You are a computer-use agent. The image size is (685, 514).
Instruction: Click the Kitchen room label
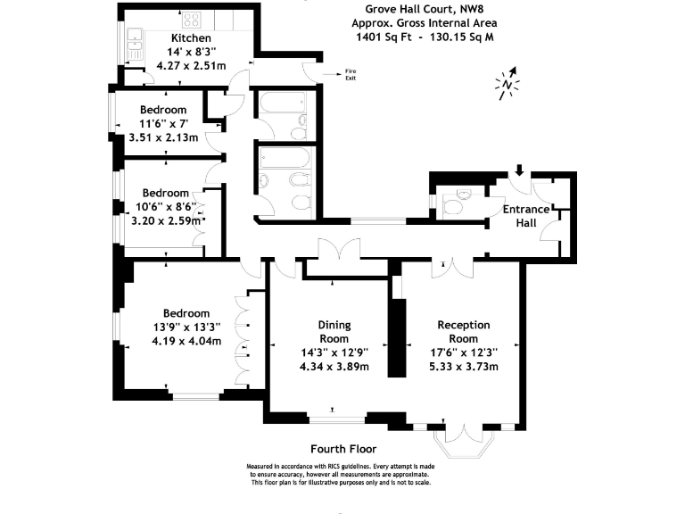(191, 38)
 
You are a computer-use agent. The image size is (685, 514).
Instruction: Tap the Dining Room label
(334, 331)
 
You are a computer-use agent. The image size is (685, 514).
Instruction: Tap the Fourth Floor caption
(342, 449)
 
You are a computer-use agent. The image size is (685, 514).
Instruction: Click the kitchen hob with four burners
(192, 19)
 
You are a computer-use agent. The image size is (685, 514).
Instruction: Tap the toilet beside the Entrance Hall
(454, 203)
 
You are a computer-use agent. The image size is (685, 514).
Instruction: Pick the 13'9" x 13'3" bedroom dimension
(186, 327)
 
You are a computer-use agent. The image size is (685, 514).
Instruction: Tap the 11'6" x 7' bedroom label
(163, 123)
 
